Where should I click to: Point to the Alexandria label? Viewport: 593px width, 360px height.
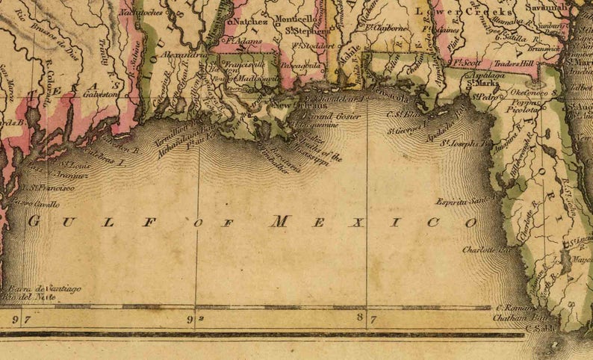pos(183,55)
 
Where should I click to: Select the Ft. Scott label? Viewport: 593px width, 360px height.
pos(465,64)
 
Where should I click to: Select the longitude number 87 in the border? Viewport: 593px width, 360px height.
pos(366,319)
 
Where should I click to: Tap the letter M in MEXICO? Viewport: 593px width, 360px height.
pos(279,221)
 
